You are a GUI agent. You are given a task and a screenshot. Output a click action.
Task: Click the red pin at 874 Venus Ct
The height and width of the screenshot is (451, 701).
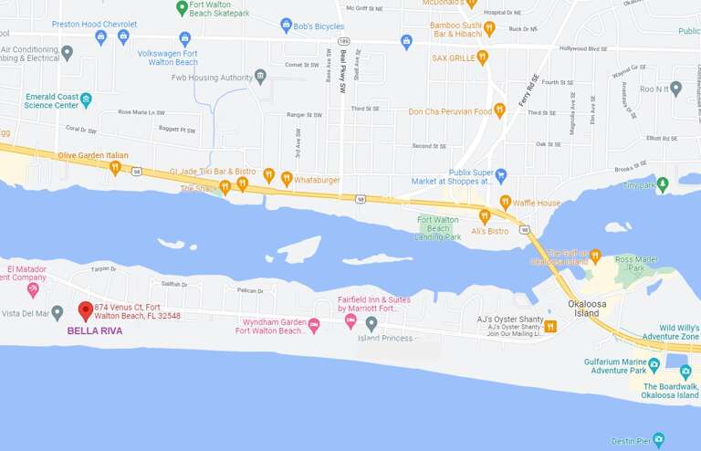86,310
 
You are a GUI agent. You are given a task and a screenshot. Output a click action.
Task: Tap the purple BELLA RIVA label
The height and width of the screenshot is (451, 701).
95,331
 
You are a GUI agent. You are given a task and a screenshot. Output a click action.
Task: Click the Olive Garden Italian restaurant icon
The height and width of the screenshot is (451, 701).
115,168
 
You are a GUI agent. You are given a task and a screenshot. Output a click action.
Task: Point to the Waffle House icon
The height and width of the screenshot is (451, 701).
505,202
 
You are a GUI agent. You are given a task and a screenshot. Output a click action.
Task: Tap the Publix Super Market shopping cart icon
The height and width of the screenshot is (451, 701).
500,173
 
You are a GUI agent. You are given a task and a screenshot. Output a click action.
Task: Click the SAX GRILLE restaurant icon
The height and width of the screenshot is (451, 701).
483,57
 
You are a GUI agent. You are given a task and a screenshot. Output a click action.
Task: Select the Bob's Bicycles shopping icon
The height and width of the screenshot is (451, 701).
287,26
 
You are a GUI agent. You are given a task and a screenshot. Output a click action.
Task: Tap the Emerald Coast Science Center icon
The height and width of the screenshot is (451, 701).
86,100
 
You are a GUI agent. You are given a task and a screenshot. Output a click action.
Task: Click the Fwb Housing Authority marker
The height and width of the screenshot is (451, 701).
261,76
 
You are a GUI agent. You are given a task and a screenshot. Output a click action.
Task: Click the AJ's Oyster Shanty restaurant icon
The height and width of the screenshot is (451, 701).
550,326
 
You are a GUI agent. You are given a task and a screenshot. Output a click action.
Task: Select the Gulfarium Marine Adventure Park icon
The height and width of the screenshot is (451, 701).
654,364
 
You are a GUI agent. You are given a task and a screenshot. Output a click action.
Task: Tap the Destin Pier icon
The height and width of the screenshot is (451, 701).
658,441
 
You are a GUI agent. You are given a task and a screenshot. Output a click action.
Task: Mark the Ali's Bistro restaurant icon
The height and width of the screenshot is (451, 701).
485,216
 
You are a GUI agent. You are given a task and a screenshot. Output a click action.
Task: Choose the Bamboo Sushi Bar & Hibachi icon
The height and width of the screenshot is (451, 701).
489,28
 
